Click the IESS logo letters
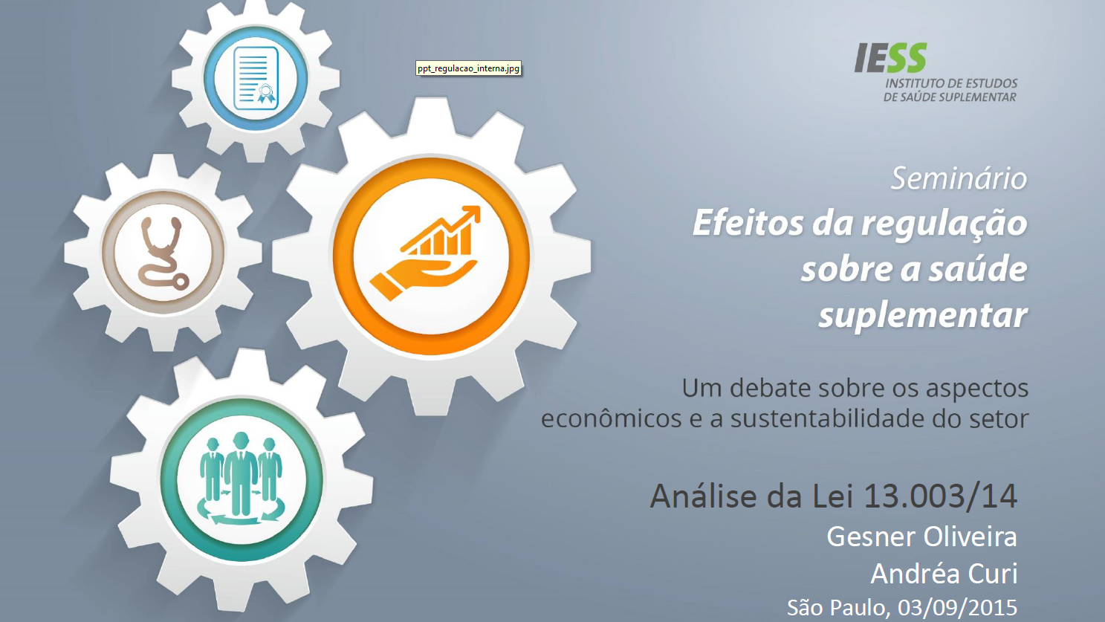click(x=891, y=58)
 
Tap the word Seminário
click(x=959, y=178)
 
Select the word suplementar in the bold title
click(x=922, y=315)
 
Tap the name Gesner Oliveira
click(x=921, y=537)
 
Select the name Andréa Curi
click(x=944, y=574)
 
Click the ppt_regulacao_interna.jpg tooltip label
click(x=468, y=68)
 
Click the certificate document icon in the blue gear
click(x=256, y=78)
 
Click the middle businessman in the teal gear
click(x=241, y=472)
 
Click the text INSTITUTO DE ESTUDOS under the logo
click(x=951, y=83)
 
